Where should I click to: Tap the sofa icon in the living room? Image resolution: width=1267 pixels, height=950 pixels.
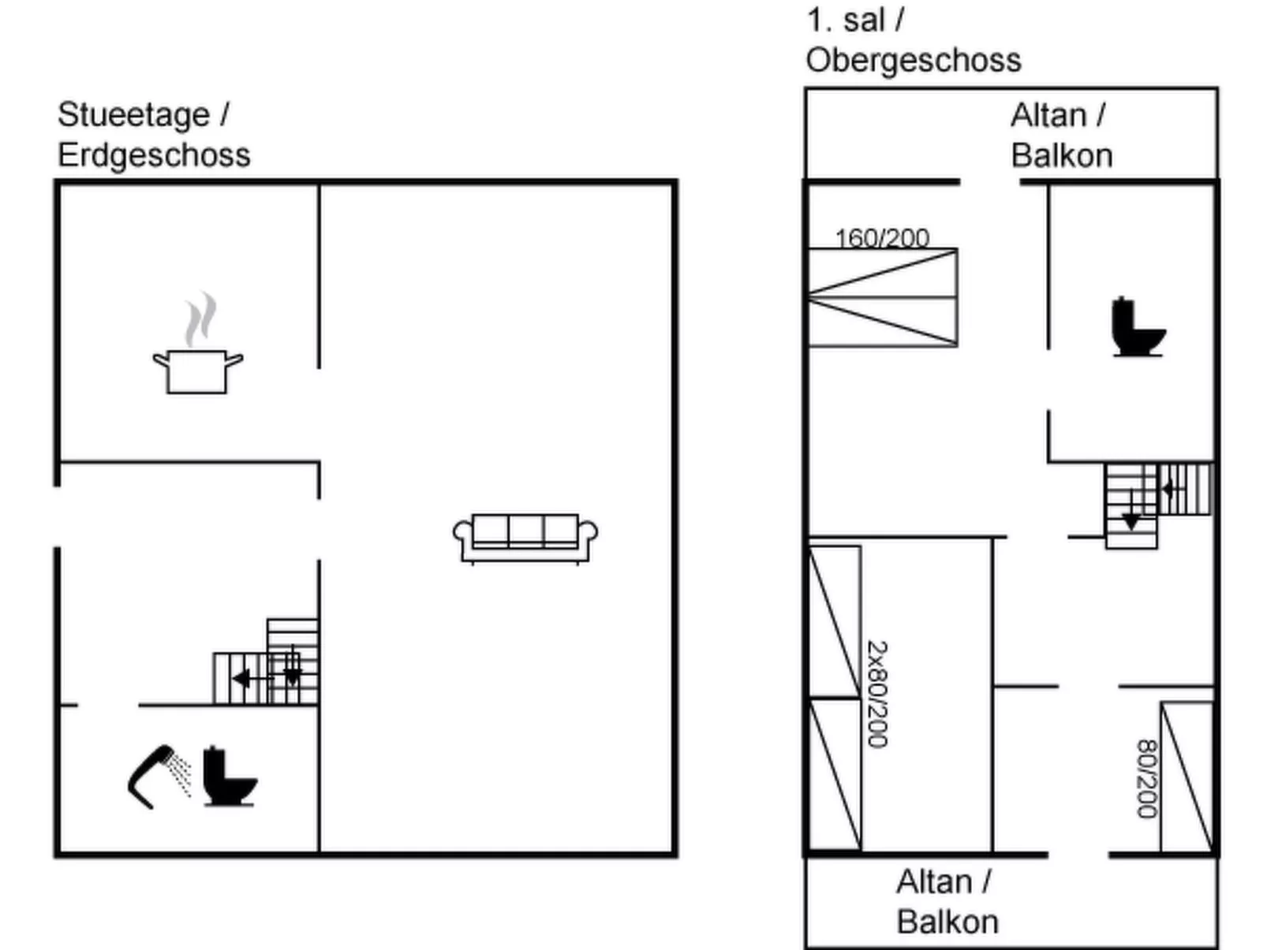(525, 538)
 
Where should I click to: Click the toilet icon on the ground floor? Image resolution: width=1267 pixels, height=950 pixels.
(230, 777)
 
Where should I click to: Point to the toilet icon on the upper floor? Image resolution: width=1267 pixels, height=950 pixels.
(1137, 327)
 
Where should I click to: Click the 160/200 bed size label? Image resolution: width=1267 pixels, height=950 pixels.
(882, 237)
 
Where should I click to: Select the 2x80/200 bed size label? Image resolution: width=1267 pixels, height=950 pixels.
(878, 694)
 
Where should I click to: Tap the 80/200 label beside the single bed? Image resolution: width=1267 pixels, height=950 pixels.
(1146, 779)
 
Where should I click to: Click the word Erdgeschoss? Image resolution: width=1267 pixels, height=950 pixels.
(154, 155)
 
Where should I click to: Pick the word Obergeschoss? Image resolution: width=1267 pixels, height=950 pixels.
(914, 61)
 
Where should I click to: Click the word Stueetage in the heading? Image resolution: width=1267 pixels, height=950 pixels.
(134, 115)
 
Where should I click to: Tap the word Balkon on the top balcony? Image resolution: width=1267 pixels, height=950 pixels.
(1062, 156)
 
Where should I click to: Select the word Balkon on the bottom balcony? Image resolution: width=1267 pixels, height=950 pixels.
(947, 922)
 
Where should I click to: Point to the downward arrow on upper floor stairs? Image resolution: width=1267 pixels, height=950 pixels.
(1131, 520)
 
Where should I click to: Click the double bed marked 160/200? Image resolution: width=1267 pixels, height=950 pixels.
(882, 298)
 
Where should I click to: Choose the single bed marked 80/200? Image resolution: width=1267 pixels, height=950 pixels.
(1187, 777)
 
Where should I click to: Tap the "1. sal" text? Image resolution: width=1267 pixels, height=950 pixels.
(844, 20)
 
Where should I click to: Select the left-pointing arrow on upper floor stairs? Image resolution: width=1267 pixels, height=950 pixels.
(1170, 489)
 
